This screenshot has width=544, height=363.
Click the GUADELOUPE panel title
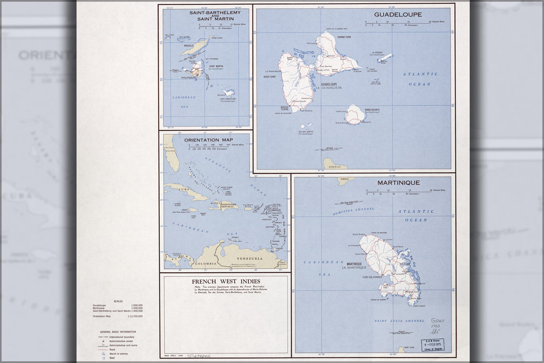(x=398, y=15)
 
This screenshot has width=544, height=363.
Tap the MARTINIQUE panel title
(x=398, y=183)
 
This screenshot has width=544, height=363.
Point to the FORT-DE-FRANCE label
(x=370, y=277)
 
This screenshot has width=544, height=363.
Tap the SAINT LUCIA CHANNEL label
(x=399, y=321)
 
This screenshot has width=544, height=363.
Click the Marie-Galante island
(x=355, y=115)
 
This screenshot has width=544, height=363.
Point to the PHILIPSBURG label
(x=189, y=78)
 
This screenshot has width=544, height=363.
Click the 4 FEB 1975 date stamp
(x=431, y=344)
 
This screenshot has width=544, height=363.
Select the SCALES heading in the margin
(x=118, y=301)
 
